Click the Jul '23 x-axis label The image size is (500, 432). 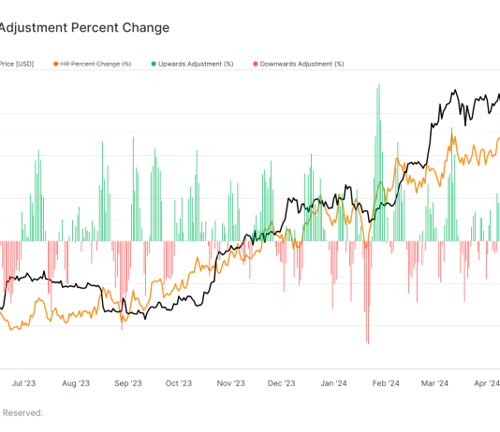(24, 382)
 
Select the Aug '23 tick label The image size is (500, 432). (76, 382)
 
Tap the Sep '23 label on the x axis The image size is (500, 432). (127, 382)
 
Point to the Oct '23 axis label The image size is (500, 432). (178, 382)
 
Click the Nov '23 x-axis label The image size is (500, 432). (230, 382)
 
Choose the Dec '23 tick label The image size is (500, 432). (282, 382)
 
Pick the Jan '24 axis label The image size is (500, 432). (333, 382)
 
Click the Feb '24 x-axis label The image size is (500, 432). (386, 382)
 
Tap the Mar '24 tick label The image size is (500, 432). (435, 382)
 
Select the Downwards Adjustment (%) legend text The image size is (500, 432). (301, 64)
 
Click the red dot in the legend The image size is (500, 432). (254, 64)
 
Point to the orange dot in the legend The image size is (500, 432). (56, 64)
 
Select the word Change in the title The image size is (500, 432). (146, 28)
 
